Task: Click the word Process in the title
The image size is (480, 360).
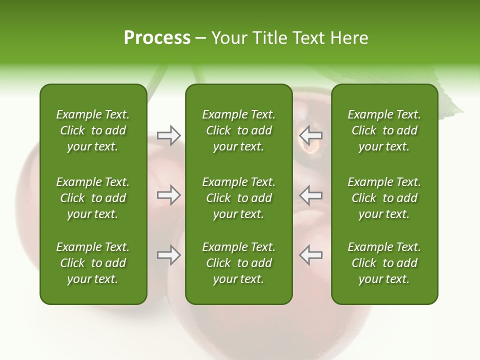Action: [157, 38]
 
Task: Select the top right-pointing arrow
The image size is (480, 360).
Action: [169, 135]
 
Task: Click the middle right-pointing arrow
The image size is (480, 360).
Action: [169, 195]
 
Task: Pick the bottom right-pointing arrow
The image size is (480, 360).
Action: [169, 255]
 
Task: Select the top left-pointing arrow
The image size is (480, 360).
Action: [310, 135]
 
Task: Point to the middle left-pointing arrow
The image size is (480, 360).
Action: [310, 195]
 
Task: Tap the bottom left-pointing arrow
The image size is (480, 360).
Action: [310, 255]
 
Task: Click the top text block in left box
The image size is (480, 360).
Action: [93, 130]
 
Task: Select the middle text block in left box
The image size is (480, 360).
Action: [93, 198]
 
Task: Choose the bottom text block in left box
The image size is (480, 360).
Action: [93, 263]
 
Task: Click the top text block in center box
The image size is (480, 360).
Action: [238, 130]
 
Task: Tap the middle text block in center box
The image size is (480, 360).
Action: [238, 198]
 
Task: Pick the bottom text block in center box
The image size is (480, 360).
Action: [238, 263]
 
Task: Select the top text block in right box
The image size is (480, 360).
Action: [384, 130]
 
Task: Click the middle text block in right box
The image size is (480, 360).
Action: [384, 198]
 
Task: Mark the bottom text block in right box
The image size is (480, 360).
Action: [384, 263]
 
